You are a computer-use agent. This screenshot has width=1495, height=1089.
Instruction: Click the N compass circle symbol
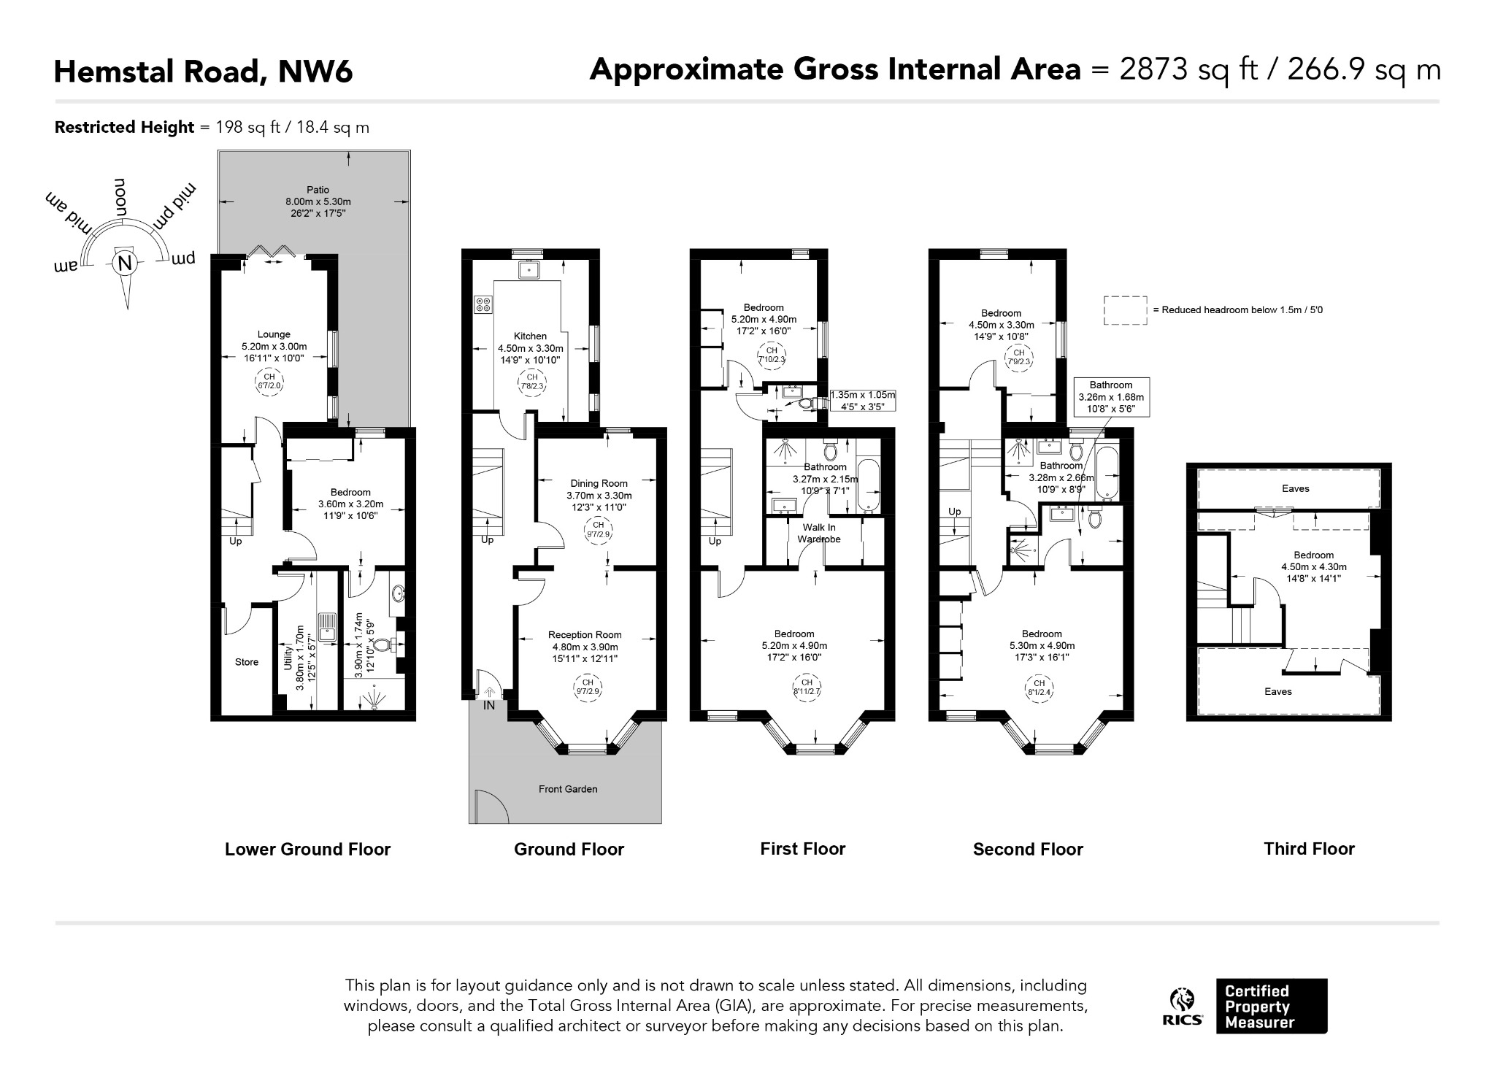point(125,263)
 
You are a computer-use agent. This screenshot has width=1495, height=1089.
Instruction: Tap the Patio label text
point(318,190)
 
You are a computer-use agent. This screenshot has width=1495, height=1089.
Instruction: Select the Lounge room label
point(274,335)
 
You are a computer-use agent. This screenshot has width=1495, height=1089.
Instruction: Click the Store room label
point(247,662)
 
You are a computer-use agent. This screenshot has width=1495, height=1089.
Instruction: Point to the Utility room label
point(288,658)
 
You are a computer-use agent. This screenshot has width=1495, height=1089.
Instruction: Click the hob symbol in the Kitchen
point(483,304)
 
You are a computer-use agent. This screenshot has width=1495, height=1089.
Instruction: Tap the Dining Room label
point(599,483)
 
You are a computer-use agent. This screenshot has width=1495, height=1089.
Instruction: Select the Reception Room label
point(585,635)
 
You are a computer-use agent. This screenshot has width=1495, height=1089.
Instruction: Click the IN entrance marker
point(489,706)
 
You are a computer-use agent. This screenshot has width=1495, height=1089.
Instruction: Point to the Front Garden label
point(568,789)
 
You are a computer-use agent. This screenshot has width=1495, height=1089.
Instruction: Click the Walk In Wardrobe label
point(819,533)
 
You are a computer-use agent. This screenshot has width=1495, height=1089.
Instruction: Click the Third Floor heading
point(1309,849)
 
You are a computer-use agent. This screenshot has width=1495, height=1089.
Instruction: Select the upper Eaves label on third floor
point(1296,489)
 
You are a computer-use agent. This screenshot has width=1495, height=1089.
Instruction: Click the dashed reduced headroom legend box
point(1125,310)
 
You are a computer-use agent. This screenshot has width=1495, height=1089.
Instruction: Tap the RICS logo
point(1183,1007)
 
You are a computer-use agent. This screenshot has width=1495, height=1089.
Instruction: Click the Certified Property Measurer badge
point(1272,1007)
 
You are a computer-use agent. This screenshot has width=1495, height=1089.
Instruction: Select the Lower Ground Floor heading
point(307,850)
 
